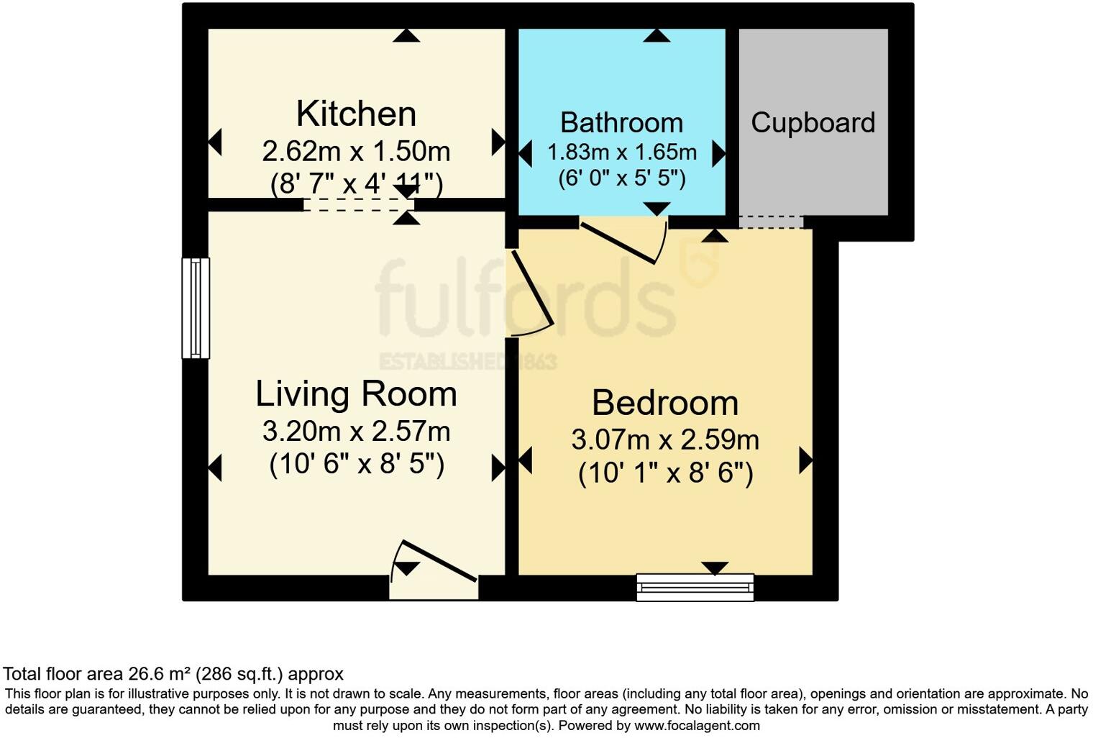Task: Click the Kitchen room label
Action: [x=356, y=114]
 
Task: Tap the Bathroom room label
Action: [x=621, y=123]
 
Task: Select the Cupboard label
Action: [x=813, y=123]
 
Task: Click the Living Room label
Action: [x=356, y=394]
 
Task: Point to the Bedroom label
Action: [x=665, y=403]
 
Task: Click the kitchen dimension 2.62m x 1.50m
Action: [x=356, y=152]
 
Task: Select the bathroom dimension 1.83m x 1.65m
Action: [x=621, y=152]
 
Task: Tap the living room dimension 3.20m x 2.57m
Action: [x=356, y=432]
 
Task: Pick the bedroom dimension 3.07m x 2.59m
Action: [x=665, y=439]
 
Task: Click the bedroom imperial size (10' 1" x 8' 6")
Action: [x=665, y=473]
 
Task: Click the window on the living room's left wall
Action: [x=195, y=308]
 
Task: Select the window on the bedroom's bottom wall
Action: [x=695, y=587]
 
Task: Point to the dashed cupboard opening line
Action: [x=771, y=222]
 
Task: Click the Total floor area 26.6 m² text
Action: [x=173, y=674]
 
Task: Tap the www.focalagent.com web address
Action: [x=697, y=725]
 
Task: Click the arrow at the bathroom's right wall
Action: [x=718, y=153]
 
